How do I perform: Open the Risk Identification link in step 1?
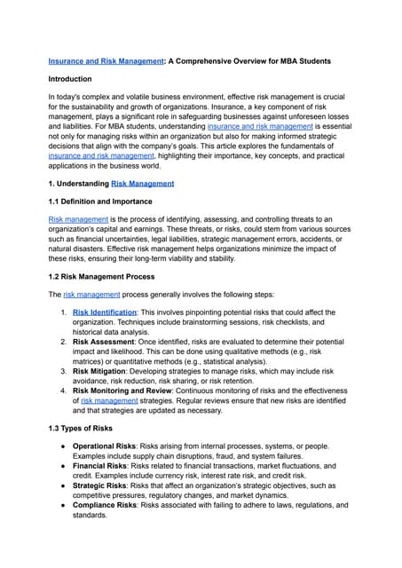tap(105, 312)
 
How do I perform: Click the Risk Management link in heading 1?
tap(142, 183)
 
